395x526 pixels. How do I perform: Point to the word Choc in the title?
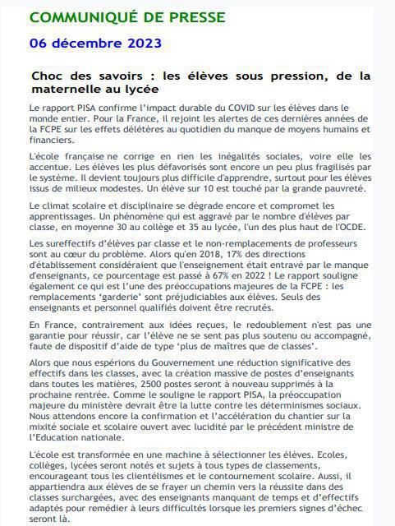(x=48, y=76)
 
